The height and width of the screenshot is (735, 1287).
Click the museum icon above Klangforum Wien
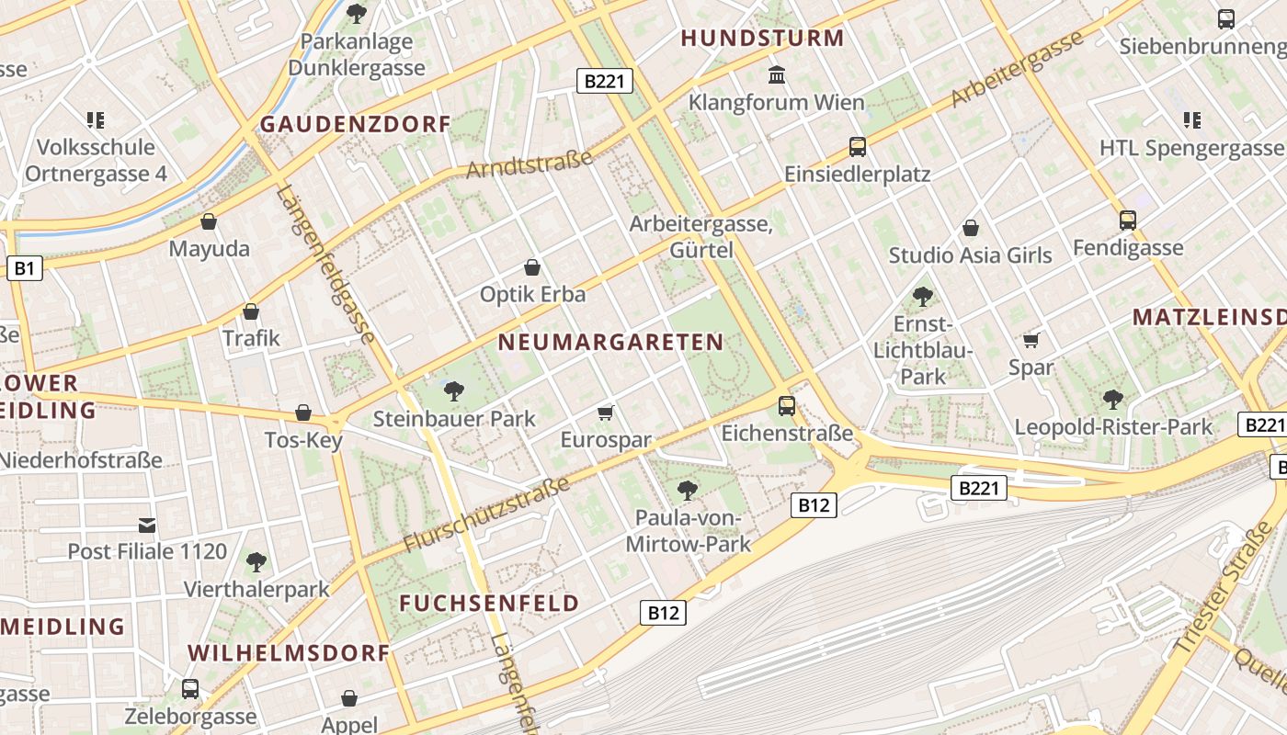pyautogui.click(x=777, y=73)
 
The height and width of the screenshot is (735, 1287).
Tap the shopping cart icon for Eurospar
pyautogui.click(x=605, y=413)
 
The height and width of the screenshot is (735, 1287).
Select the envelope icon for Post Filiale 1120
pyautogui.click(x=147, y=526)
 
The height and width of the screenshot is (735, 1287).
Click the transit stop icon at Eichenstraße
pyautogui.click(x=787, y=405)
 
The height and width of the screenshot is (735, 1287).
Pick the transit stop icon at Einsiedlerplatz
pyautogui.click(x=857, y=147)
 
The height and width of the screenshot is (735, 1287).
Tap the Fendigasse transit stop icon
pyautogui.click(x=1128, y=220)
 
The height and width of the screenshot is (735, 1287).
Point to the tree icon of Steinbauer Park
pyautogui.click(x=453, y=391)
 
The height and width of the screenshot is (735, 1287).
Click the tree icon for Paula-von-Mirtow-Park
pyautogui.click(x=687, y=490)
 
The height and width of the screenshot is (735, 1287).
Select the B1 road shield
pyautogui.click(x=24, y=268)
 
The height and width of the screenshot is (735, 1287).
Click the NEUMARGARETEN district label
pyautogui.click(x=610, y=343)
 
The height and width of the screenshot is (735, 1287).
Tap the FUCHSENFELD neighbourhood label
pyautogui.click(x=489, y=604)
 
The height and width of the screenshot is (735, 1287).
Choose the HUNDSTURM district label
pyautogui.click(x=762, y=39)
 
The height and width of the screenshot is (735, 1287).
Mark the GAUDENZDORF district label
pyautogui.click(x=355, y=124)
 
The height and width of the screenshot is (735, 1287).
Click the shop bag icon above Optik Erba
pyautogui.click(x=531, y=267)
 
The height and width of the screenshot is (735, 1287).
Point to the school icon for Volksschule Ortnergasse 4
pyautogui.click(x=96, y=119)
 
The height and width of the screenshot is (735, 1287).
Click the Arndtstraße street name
pyautogui.click(x=530, y=164)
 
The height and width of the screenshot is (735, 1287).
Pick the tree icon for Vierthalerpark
pyautogui.click(x=256, y=561)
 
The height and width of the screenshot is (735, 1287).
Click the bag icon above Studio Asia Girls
pyautogui.click(x=970, y=228)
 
